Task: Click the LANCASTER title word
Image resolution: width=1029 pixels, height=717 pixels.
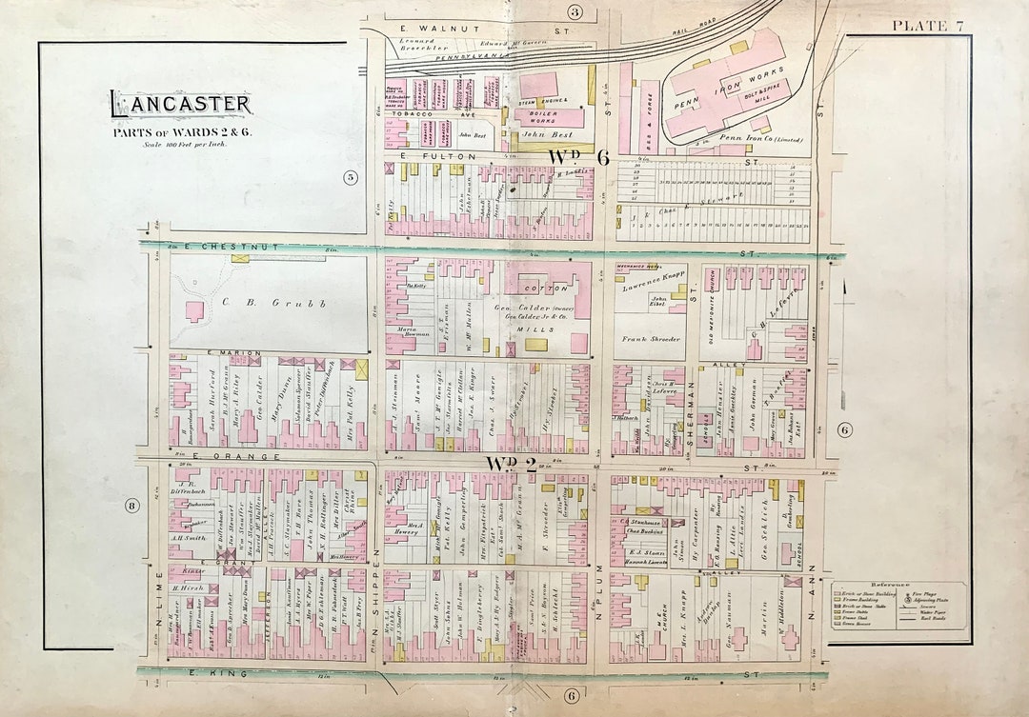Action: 180,104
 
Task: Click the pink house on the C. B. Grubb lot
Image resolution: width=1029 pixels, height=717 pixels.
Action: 195,311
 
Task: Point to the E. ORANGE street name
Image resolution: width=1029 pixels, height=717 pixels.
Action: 225,456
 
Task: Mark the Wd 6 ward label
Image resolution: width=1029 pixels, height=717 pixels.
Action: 577,157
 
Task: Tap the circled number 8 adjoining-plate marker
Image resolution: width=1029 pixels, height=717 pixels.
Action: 131,505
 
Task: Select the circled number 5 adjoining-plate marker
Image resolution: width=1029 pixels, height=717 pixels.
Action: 350,176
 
